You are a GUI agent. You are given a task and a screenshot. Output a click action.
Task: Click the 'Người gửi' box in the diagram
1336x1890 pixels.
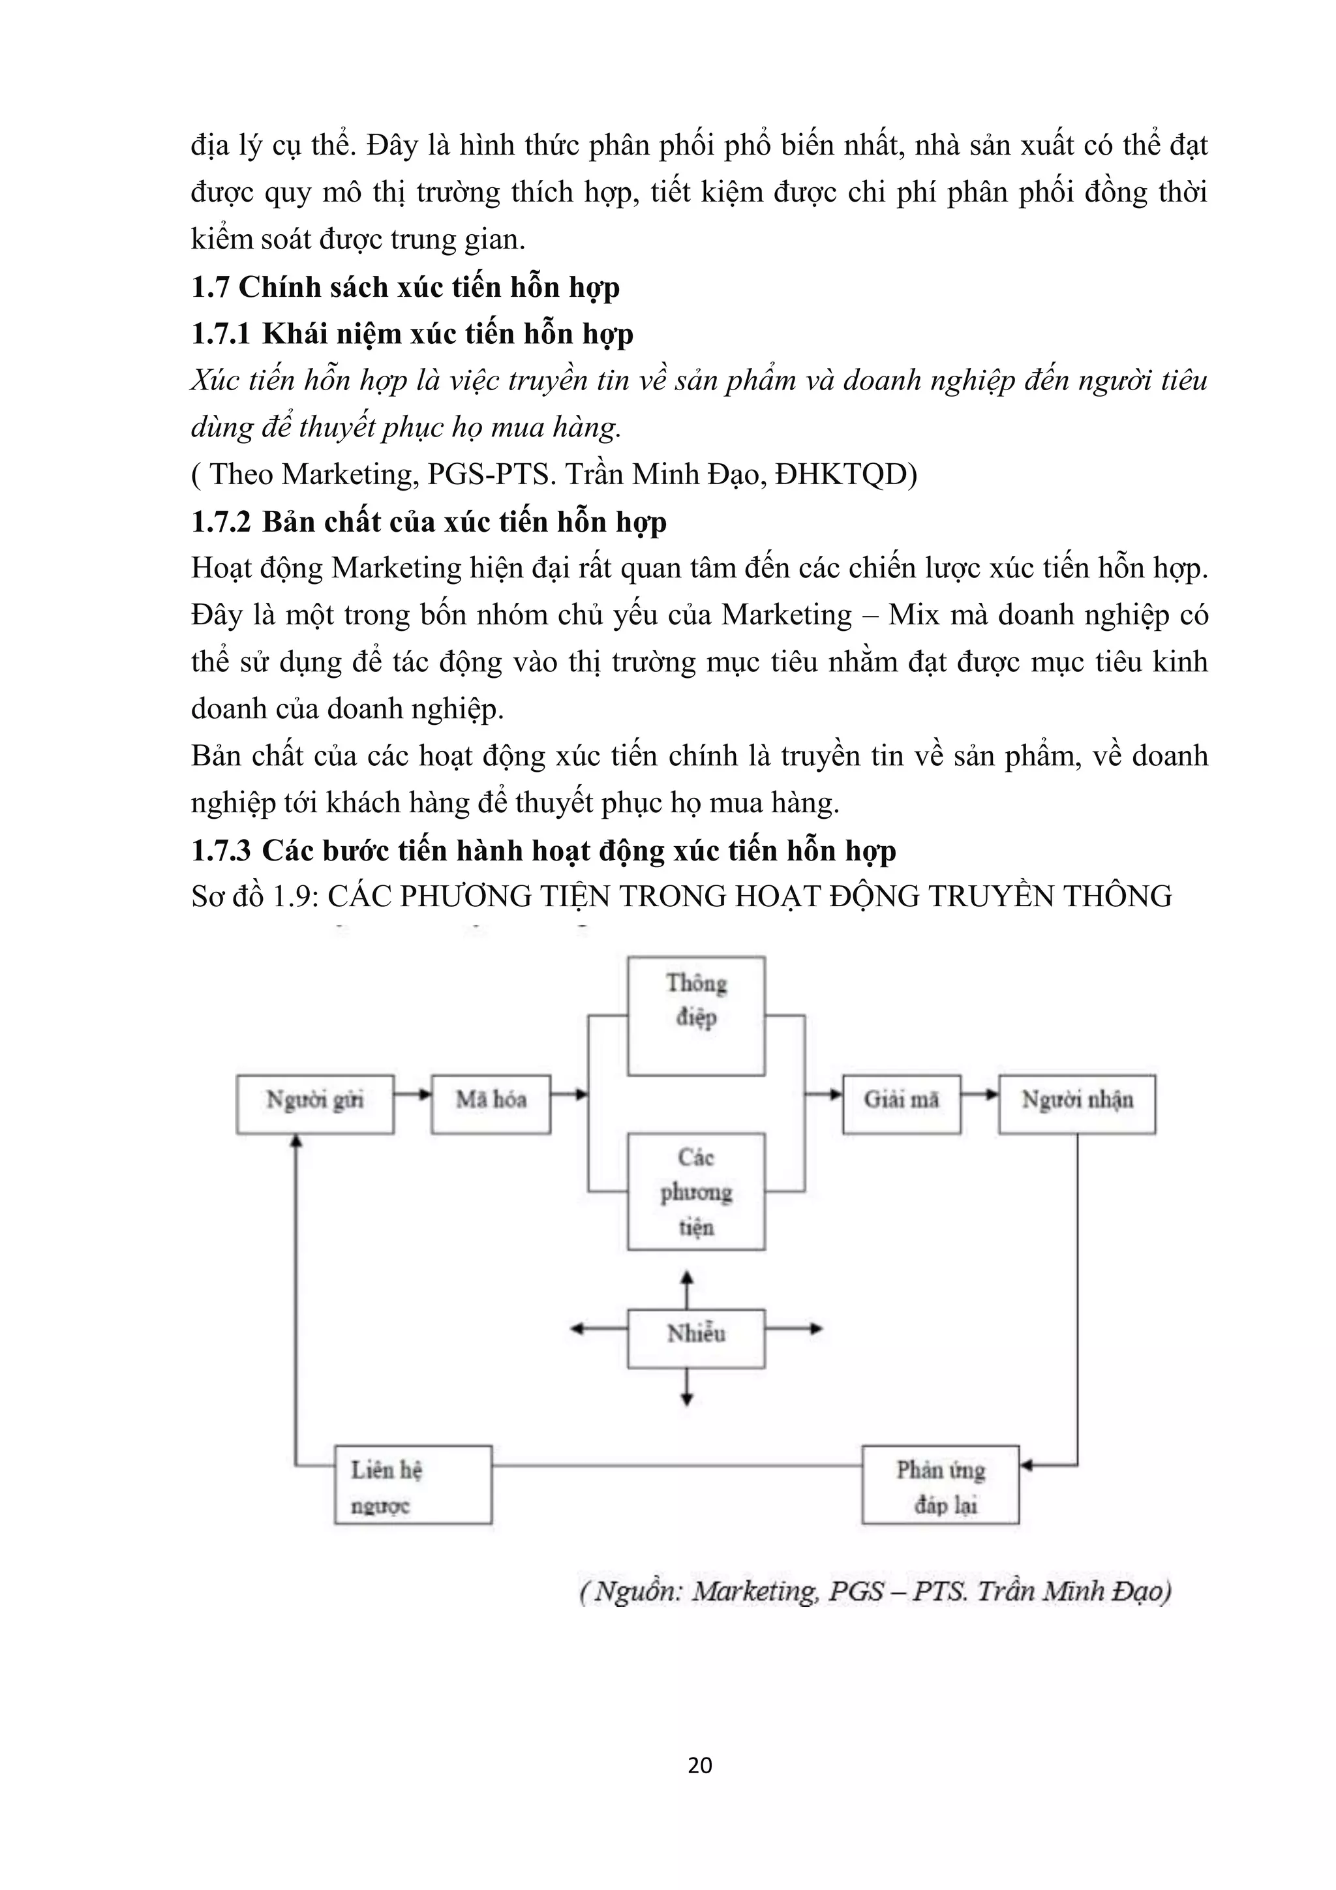point(314,1104)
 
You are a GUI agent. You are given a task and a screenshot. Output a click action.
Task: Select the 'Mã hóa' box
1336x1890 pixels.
point(491,1104)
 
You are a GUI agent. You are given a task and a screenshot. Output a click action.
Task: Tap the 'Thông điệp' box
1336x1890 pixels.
point(695,1016)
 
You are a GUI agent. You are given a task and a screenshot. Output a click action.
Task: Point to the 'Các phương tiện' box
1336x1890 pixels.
point(695,1192)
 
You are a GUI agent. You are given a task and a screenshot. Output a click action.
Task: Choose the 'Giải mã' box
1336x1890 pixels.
point(902,1104)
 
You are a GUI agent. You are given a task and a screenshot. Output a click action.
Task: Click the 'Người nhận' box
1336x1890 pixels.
point(1077,1104)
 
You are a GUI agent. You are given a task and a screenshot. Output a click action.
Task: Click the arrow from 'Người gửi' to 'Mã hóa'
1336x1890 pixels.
point(412,1094)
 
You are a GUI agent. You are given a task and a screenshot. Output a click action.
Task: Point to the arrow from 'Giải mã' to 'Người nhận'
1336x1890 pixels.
point(980,1094)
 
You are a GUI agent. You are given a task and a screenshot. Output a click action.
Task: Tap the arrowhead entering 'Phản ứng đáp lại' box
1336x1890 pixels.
point(1027,1465)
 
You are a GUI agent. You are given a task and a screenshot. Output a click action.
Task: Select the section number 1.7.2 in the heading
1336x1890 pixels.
point(220,523)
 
